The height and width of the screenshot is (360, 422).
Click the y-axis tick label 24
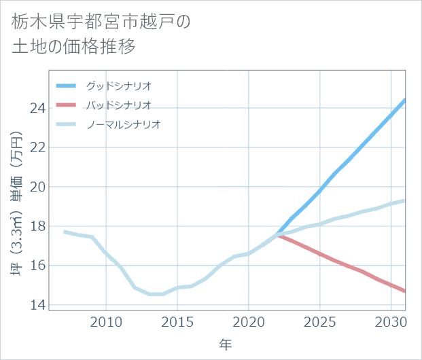tap(37, 108)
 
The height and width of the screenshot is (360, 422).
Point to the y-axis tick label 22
tap(37, 147)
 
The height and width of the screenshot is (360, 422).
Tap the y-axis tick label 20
tap(37, 187)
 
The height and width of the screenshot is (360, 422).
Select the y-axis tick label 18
tap(37, 226)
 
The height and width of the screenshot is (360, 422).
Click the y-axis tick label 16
tap(37, 266)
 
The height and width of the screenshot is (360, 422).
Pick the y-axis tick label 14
tap(37, 305)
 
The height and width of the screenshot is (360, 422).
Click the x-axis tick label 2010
tap(107, 321)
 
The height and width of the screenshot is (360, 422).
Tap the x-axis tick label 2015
tap(177, 321)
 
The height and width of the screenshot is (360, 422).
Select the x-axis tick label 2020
tap(249, 321)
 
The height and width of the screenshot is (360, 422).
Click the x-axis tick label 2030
tap(391, 321)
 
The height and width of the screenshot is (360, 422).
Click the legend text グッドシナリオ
tap(118, 86)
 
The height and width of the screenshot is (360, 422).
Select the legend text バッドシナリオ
tap(118, 105)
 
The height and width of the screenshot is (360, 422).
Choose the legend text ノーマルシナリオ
tap(123, 124)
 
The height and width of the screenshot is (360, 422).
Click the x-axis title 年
tap(225, 344)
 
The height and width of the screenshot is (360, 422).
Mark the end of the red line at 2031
tap(405, 291)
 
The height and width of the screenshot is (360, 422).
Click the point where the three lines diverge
tap(277, 234)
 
